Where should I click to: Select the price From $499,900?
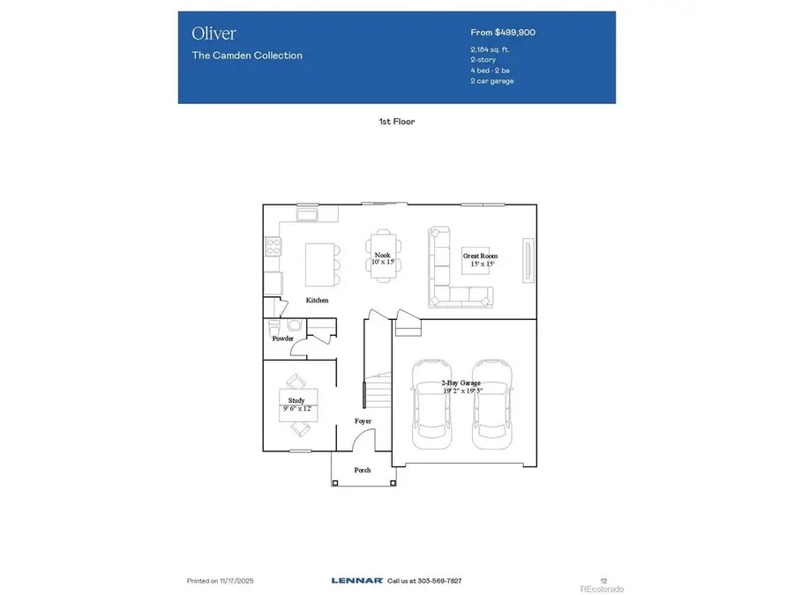click(503, 33)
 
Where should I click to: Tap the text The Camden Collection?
click(247, 56)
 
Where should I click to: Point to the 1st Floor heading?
click(396, 122)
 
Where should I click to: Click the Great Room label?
click(480, 257)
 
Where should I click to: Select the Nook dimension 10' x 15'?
click(382, 263)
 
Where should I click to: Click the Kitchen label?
click(317, 301)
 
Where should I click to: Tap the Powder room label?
click(282, 338)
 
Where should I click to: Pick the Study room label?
click(296, 400)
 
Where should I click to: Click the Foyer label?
click(363, 421)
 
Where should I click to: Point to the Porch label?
click(363, 470)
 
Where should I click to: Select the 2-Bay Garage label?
click(461, 383)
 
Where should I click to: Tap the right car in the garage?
click(490, 401)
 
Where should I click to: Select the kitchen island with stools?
click(320, 264)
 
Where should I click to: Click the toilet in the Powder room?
click(274, 327)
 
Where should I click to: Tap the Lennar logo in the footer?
click(356, 581)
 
